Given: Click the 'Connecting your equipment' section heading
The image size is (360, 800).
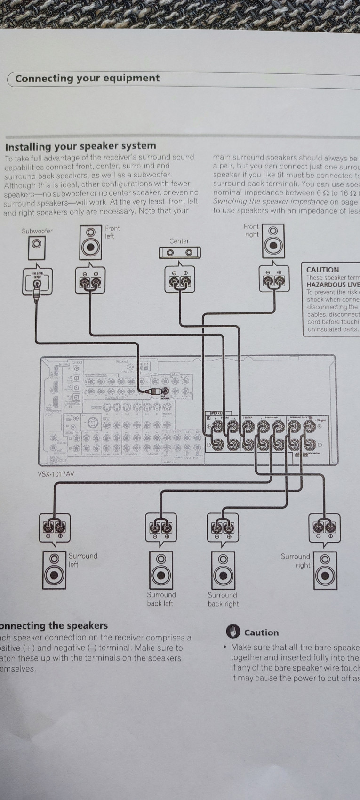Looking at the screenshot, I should [x=88, y=79].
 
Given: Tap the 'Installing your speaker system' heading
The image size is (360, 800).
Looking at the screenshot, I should [x=80, y=146].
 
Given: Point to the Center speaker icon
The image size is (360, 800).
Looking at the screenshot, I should [x=179, y=253].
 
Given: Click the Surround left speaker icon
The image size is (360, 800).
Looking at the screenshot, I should [x=54, y=569].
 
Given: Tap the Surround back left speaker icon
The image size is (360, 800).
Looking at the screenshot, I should [x=160, y=569].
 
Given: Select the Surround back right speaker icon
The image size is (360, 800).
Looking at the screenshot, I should [x=223, y=569].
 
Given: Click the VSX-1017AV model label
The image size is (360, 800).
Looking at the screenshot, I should [x=56, y=474].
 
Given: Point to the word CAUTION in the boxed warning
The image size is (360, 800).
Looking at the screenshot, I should [x=322, y=270].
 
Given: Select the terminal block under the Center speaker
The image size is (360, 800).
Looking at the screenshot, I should [x=179, y=282].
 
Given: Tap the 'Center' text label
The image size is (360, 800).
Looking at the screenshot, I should [x=179, y=241].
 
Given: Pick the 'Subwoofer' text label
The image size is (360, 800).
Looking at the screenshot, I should [x=37, y=231].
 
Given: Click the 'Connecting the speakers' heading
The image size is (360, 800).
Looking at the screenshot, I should [x=54, y=625].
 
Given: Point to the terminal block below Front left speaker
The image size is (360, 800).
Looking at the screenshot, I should [x=90, y=282].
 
